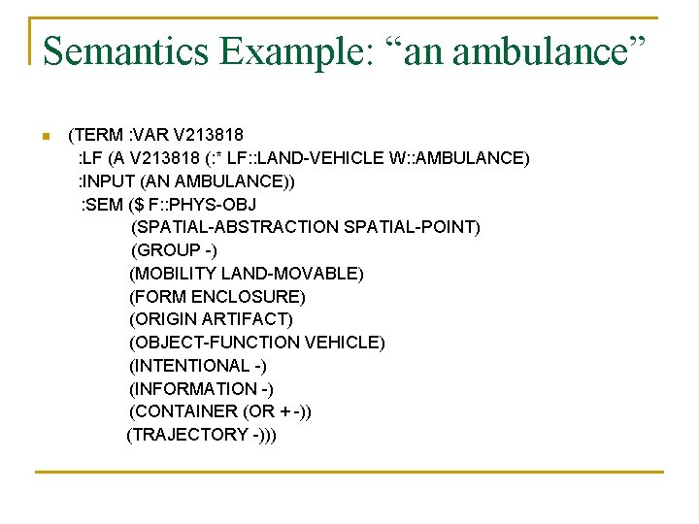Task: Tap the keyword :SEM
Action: click(102, 204)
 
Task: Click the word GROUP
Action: click(167, 250)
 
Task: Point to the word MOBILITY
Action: click(176, 274)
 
